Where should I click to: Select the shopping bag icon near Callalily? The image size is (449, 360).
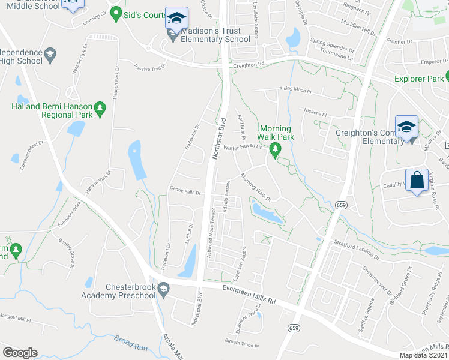click(417, 180)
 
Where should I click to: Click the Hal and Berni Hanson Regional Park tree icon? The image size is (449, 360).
click(101, 109)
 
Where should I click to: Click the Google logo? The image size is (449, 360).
click(20, 353)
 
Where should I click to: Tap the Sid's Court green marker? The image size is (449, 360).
click(115, 15)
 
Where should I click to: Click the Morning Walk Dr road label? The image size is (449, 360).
click(256, 187)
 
